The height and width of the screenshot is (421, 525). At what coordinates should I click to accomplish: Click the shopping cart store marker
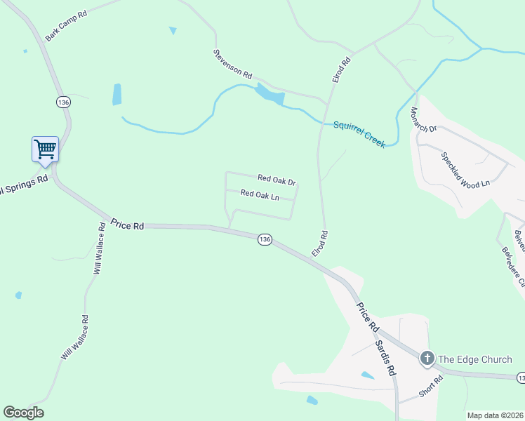(x=45, y=149)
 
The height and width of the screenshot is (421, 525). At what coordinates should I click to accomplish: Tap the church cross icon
(x=426, y=359)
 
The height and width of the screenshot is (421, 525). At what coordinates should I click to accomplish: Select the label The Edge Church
(x=475, y=359)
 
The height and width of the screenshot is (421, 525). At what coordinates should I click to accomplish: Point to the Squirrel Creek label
(x=359, y=133)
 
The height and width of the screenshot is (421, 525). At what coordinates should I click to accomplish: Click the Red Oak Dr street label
(x=277, y=180)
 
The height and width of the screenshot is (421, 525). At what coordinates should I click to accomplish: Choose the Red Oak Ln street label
(x=260, y=195)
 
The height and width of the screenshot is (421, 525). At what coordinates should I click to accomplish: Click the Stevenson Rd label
(x=233, y=62)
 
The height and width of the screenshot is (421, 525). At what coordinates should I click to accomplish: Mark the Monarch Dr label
(x=424, y=119)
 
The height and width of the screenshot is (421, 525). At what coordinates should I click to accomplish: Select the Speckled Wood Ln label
(x=465, y=171)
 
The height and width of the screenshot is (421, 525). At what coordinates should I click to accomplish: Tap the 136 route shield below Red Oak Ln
(x=264, y=239)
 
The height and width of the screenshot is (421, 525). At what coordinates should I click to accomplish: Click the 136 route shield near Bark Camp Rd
(x=64, y=102)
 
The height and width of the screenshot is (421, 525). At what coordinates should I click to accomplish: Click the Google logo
(x=23, y=413)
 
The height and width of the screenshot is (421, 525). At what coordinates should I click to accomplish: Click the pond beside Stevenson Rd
(x=269, y=93)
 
